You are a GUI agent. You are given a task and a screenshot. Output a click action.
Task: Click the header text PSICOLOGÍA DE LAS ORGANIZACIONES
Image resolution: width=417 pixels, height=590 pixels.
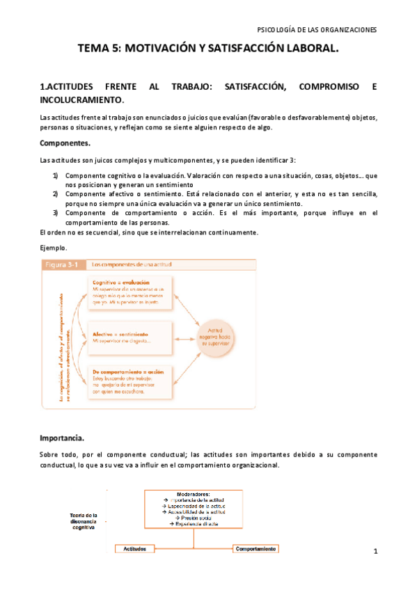[317, 30]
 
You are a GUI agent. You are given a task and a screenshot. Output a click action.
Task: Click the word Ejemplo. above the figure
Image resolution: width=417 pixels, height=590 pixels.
[54, 247]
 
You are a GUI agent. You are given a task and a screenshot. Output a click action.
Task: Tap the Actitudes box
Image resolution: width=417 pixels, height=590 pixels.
[135, 548]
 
